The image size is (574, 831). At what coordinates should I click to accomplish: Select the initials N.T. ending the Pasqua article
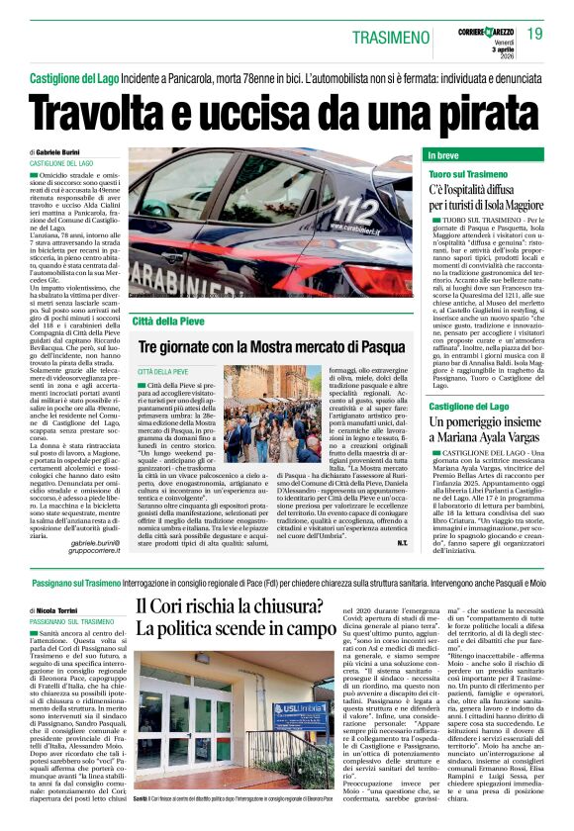pos(403,543)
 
